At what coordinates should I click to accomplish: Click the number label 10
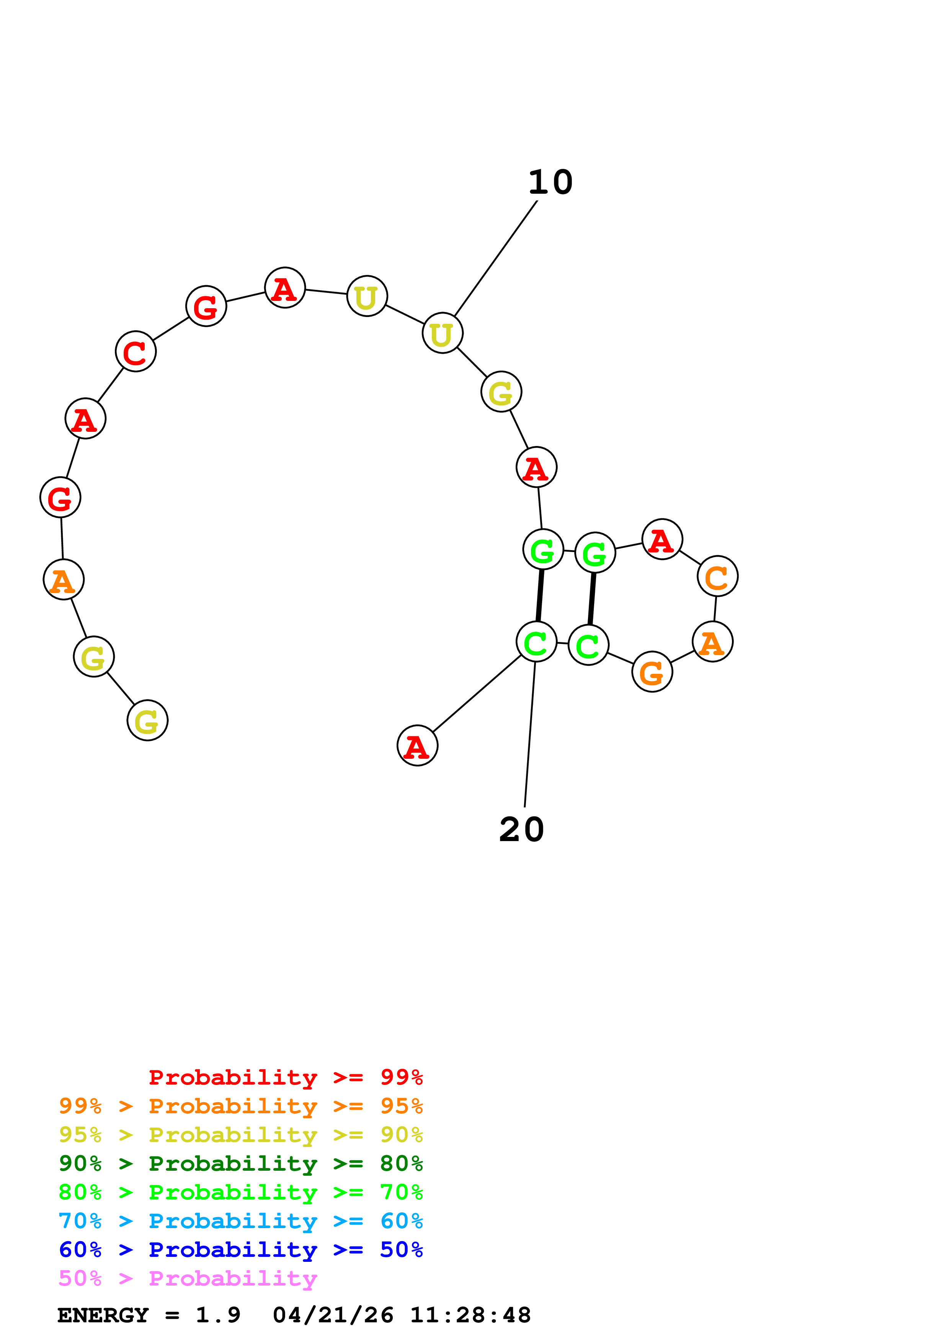click(550, 183)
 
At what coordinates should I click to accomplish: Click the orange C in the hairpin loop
click(717, 576)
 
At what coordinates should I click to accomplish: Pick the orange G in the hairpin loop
click(652, 672)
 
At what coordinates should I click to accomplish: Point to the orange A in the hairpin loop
click(712, 642)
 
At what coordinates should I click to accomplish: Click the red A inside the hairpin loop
click(662, 539)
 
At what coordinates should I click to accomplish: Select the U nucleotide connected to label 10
click(443, 333)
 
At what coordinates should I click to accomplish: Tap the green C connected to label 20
click(536, 642)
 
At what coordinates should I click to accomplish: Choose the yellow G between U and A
click(501, 392)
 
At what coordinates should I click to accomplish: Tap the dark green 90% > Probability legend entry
click(240, 1163)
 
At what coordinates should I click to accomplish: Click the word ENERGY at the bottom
click(103, 1315)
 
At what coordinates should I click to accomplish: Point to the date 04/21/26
click(333, 1315)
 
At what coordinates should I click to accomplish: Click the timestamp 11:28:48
click(470, 1315)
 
